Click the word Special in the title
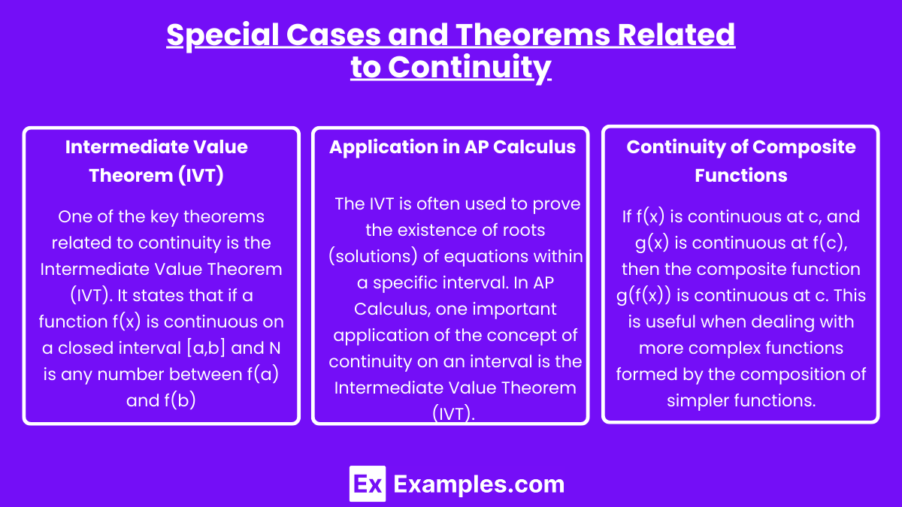pos(222,35)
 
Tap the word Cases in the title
pos(334,35)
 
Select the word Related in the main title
pos(676,35)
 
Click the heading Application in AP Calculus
pos(453,147)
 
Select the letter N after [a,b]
pos(274,348)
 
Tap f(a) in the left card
pos(263,374)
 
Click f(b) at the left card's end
pos(180,400)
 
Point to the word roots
pos(518,231)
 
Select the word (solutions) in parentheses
pos(374,256)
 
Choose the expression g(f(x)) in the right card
pos(643,296)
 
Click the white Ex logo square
pos(368,484)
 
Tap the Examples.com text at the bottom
pos(479,484)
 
